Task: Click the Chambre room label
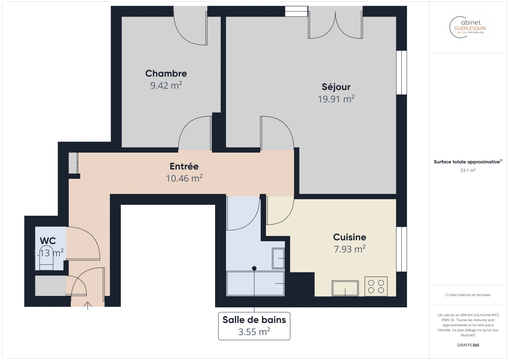coord(166,73)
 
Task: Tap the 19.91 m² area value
coord(336,99)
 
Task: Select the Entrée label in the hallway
coord(184,166)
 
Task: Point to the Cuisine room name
coord(350,237)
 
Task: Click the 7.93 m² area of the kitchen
coord(350,249)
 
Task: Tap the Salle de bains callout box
coord(254,326)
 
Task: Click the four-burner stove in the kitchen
coord(376,286)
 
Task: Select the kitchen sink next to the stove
coord(345,288)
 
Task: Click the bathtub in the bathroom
coord(256,284)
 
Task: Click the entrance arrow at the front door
coord(88,305)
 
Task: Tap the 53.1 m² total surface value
coord(468,170)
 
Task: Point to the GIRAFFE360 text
coord(468,345)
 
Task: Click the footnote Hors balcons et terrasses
coord(468,295)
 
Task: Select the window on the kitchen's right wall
coord(404,249)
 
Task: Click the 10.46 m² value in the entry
coord(184,179)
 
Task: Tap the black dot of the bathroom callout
coord(254,268)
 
